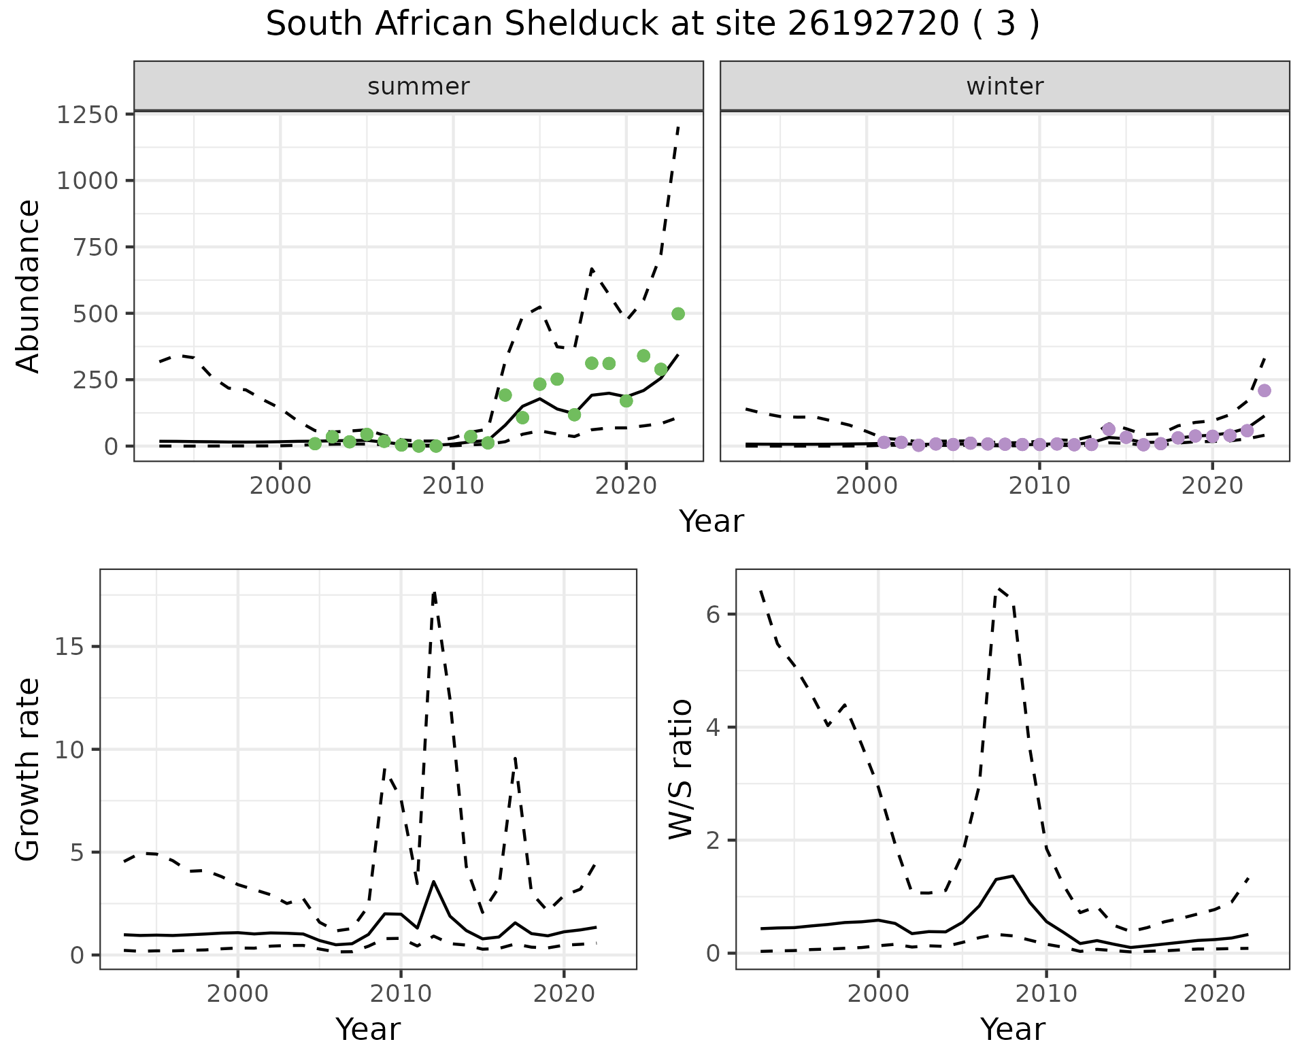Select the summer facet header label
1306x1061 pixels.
[x=418, y=86]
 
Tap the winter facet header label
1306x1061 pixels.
[x=1005, y=86]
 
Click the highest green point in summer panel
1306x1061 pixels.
[x=678, y=314]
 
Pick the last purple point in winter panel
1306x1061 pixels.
[x=1265, y=390]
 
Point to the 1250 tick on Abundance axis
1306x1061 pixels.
[x=88, y=114]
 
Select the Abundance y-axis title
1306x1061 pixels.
[x=29, y=286]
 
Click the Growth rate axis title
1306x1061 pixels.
[x=29, y=770]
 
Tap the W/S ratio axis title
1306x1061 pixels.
[x=681, y=769]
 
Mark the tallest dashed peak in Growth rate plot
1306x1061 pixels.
[x=434, y=593]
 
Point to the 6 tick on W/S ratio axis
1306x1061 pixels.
[x=713, y=615]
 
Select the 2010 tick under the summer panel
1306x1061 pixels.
[x=453, y=486]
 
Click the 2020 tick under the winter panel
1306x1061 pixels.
[x=1212, y=486]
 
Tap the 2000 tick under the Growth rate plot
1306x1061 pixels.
[x=237, y=994]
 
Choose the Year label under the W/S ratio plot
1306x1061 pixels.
[x=1012, y=1030]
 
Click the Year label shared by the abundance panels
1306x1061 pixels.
[x=711, y=522]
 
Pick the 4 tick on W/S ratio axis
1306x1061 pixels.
[x=713, y=727]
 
